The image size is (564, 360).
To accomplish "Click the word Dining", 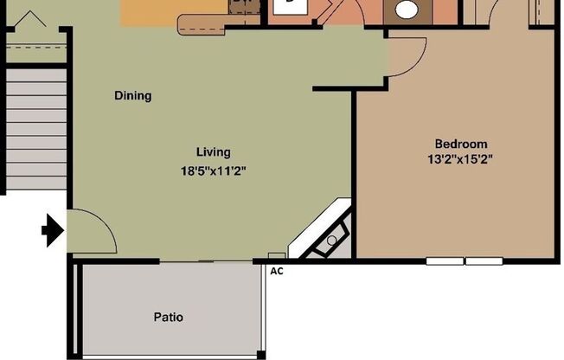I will pyautogui.click(x=133, y=96).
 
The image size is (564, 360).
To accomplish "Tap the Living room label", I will pyautogui.click(x=213, y=152).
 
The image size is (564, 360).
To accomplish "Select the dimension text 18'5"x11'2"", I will pyautogui.click(x=214, y=171).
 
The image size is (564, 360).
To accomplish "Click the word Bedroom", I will pyautogui.click(x=460, y=144).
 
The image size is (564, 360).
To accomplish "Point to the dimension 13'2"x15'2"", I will pyautogui.click(x=460, y=158).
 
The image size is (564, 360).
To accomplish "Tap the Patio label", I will pyautogui.click(x=169, y=318).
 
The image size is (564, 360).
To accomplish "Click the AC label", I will pyautogui.click(x=277, y=271).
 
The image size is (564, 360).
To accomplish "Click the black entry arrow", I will pyautogui.click(x=53, y=230).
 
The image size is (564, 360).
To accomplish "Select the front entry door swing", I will pyautogui.click(x=91, y=232).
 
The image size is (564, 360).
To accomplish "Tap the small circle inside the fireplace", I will pyautogui.click(x=331, y=240).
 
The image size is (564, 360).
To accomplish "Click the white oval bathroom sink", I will pyautogui.click(x=407, y=10).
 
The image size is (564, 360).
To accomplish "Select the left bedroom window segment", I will pyautogui.click(x=445, y=260).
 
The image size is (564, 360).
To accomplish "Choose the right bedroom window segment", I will pyautogui.click(x=484, y=260).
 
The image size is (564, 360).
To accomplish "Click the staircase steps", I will pyautogui.click(x=35, y=130).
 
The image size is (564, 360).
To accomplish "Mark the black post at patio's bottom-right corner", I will pyautogui.click(x=260, y=355).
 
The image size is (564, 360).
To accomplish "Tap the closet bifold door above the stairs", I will pyautogui.click(x=32, y=19).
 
